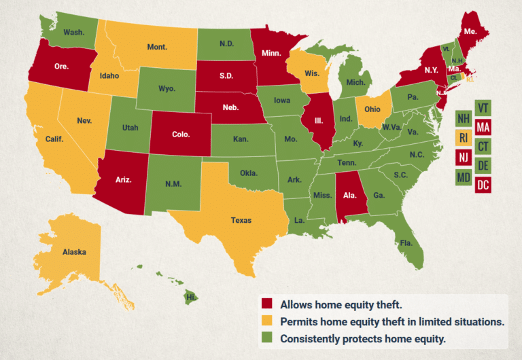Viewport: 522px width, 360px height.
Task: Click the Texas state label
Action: click(x=241, y=220)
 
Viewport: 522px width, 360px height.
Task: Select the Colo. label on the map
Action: click(x=181, y=134)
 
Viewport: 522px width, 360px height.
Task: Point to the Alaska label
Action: click(x=74, y=252)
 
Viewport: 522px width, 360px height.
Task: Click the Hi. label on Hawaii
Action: click(x=192, y=297)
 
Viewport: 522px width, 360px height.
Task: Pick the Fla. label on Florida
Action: click(x=406, y=242)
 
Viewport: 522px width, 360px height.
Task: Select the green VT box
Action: click(x=484, y=107)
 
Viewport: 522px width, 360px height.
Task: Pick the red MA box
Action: click(x=484, y=126)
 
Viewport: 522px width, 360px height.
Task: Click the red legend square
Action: click(x=268, y=304)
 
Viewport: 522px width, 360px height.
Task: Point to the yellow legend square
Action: click(x=268, y=321)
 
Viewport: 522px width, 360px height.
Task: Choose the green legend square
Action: click(x=268, y=338)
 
